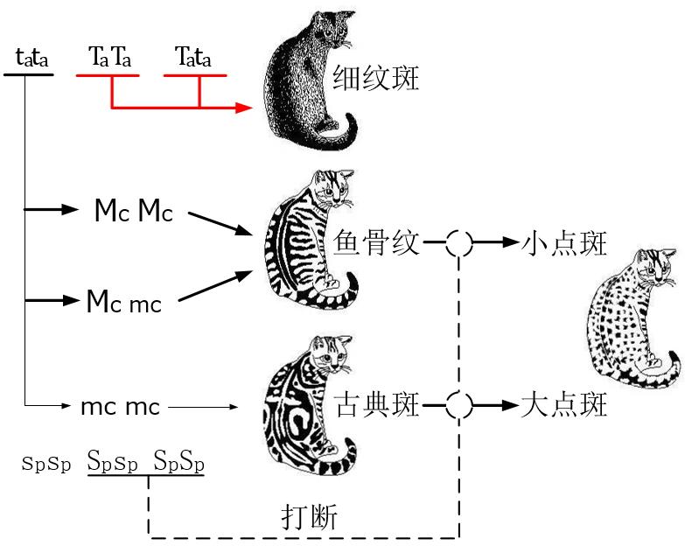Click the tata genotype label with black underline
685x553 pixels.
31,59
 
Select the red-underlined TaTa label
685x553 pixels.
110,59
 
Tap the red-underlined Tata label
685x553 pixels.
194,59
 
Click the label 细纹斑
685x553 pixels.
376,80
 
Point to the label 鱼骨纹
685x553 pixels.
377,243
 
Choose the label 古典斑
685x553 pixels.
377,405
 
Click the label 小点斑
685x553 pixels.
563,243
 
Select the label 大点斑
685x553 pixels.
563,405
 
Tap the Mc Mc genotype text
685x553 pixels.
134,212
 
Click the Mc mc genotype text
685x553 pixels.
124,302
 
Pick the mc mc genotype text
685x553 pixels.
120,407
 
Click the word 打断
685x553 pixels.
307,516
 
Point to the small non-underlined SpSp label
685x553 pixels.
46,464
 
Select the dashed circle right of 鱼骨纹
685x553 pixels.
459,243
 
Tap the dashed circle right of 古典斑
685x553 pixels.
459,405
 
